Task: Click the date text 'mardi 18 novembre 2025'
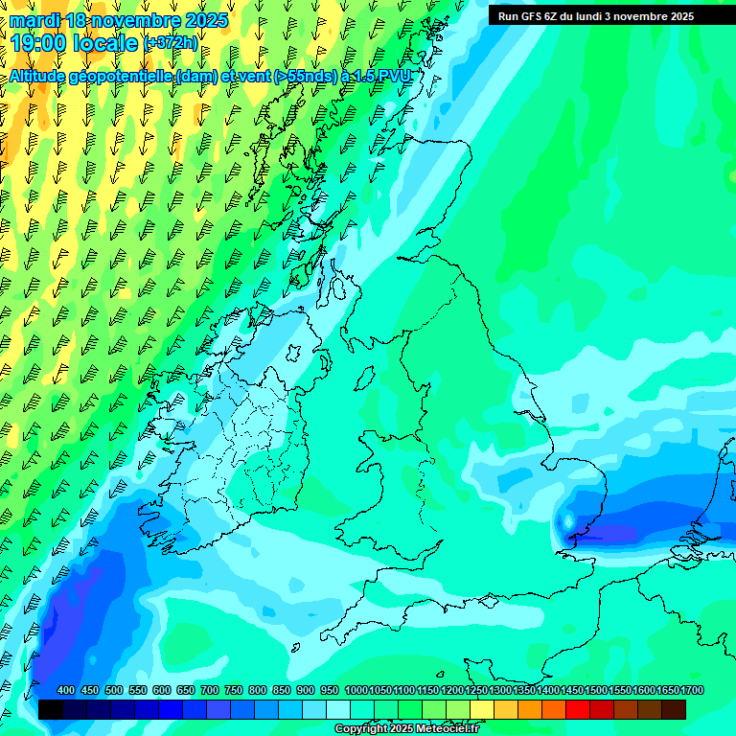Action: point(119,20)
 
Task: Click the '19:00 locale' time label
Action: point(73,42)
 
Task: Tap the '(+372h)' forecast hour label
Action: point(172,42)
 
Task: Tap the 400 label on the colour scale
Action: point(65,691)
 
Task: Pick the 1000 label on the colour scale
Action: point(356,691)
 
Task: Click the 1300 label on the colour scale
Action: point(500,691)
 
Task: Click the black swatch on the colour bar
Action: point(51,709)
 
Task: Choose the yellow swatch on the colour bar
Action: point(482,709)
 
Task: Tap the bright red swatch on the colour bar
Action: point(578,709)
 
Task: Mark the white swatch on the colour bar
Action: point(338,709)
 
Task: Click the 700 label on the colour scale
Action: point(209,691)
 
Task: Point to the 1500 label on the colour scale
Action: point(596,691)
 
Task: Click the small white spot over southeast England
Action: point(567,520)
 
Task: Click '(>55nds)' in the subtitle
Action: point(306,77)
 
